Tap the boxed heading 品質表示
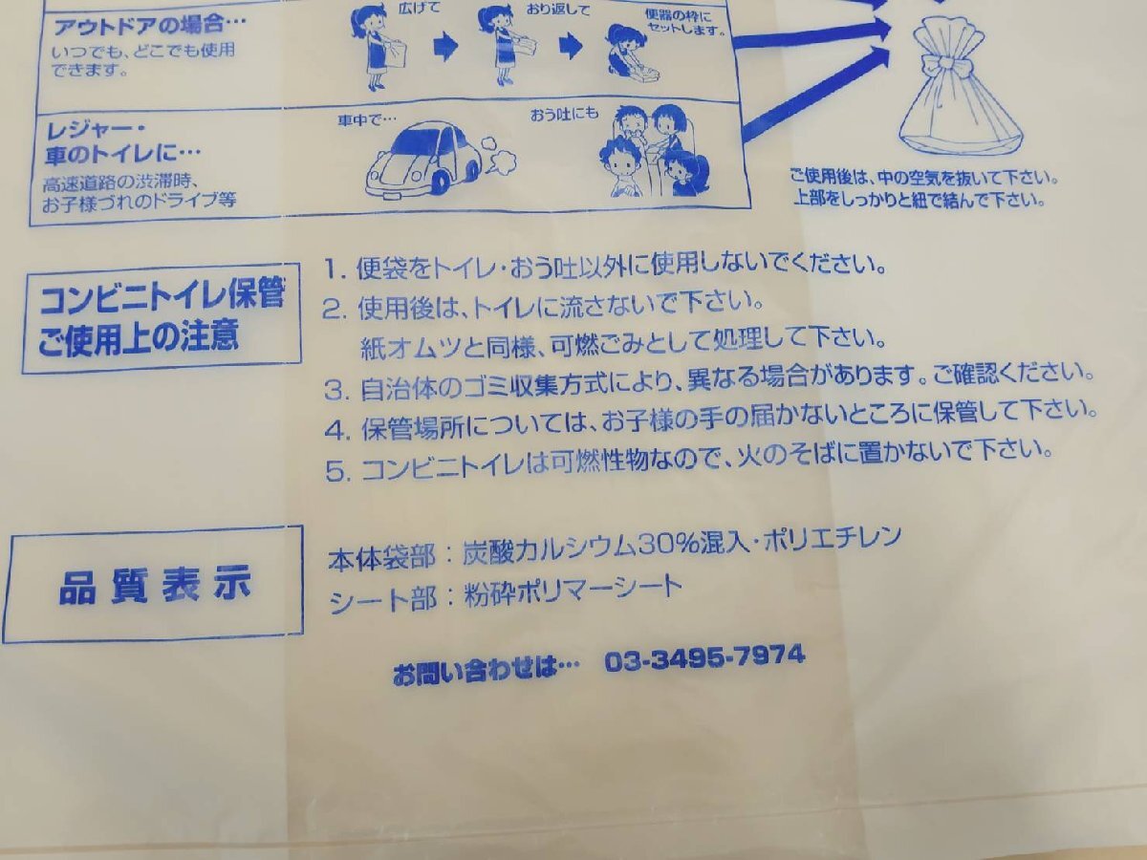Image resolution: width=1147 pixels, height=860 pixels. (155, 584)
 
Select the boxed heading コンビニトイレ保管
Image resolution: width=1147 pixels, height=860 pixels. (162, 298)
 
